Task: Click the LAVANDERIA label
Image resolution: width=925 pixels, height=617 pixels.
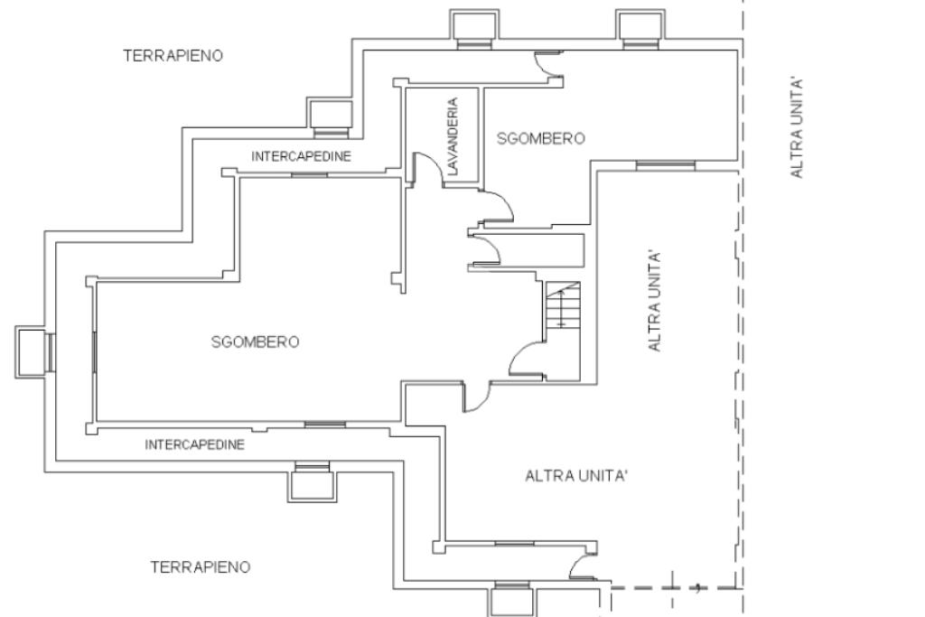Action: tap(453, 136)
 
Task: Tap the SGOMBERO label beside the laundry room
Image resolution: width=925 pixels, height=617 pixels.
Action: tap(541, 138)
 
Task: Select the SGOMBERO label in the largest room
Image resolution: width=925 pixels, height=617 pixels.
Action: tap(256, 341)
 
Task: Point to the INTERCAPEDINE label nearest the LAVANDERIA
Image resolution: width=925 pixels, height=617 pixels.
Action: tap(302, 156)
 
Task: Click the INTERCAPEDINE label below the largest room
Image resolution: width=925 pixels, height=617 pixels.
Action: tap(195, 444)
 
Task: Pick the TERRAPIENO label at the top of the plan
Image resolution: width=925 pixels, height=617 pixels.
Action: tap(173, 55)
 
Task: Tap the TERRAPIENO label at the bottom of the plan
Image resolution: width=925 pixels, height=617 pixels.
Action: tap(201, 566)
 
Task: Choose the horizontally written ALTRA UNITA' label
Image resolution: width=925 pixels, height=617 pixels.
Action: tap(576, 475)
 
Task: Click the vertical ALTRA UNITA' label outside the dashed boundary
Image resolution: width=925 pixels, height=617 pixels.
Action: tap(797, 126)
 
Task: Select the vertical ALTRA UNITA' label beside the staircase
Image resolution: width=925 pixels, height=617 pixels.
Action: tap(655, 302)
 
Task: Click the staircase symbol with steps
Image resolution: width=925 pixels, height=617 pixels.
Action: tap(563, 304)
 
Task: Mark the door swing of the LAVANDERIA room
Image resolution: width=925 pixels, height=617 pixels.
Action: tap(428, 169)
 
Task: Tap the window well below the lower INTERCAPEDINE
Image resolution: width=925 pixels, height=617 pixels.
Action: tap(312, 481)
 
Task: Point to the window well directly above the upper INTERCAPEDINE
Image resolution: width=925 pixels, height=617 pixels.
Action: tap(330, 117)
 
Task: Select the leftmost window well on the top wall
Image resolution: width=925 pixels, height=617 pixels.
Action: tap(475, 28)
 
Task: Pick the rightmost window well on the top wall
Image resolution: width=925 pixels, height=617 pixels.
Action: tap(641, 28)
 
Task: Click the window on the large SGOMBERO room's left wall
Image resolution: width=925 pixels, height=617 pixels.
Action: tap(94, 351)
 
